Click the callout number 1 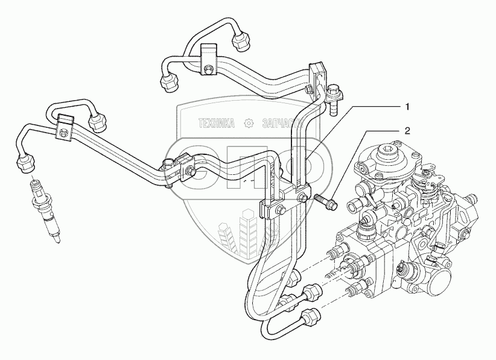tap(407, 107)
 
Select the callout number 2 tap(407, 130)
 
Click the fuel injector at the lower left tap(45, 212)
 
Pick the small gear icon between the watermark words tap(248, 124)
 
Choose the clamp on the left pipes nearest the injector tap(63, 127)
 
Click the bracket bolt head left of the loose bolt tap(302, 198)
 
